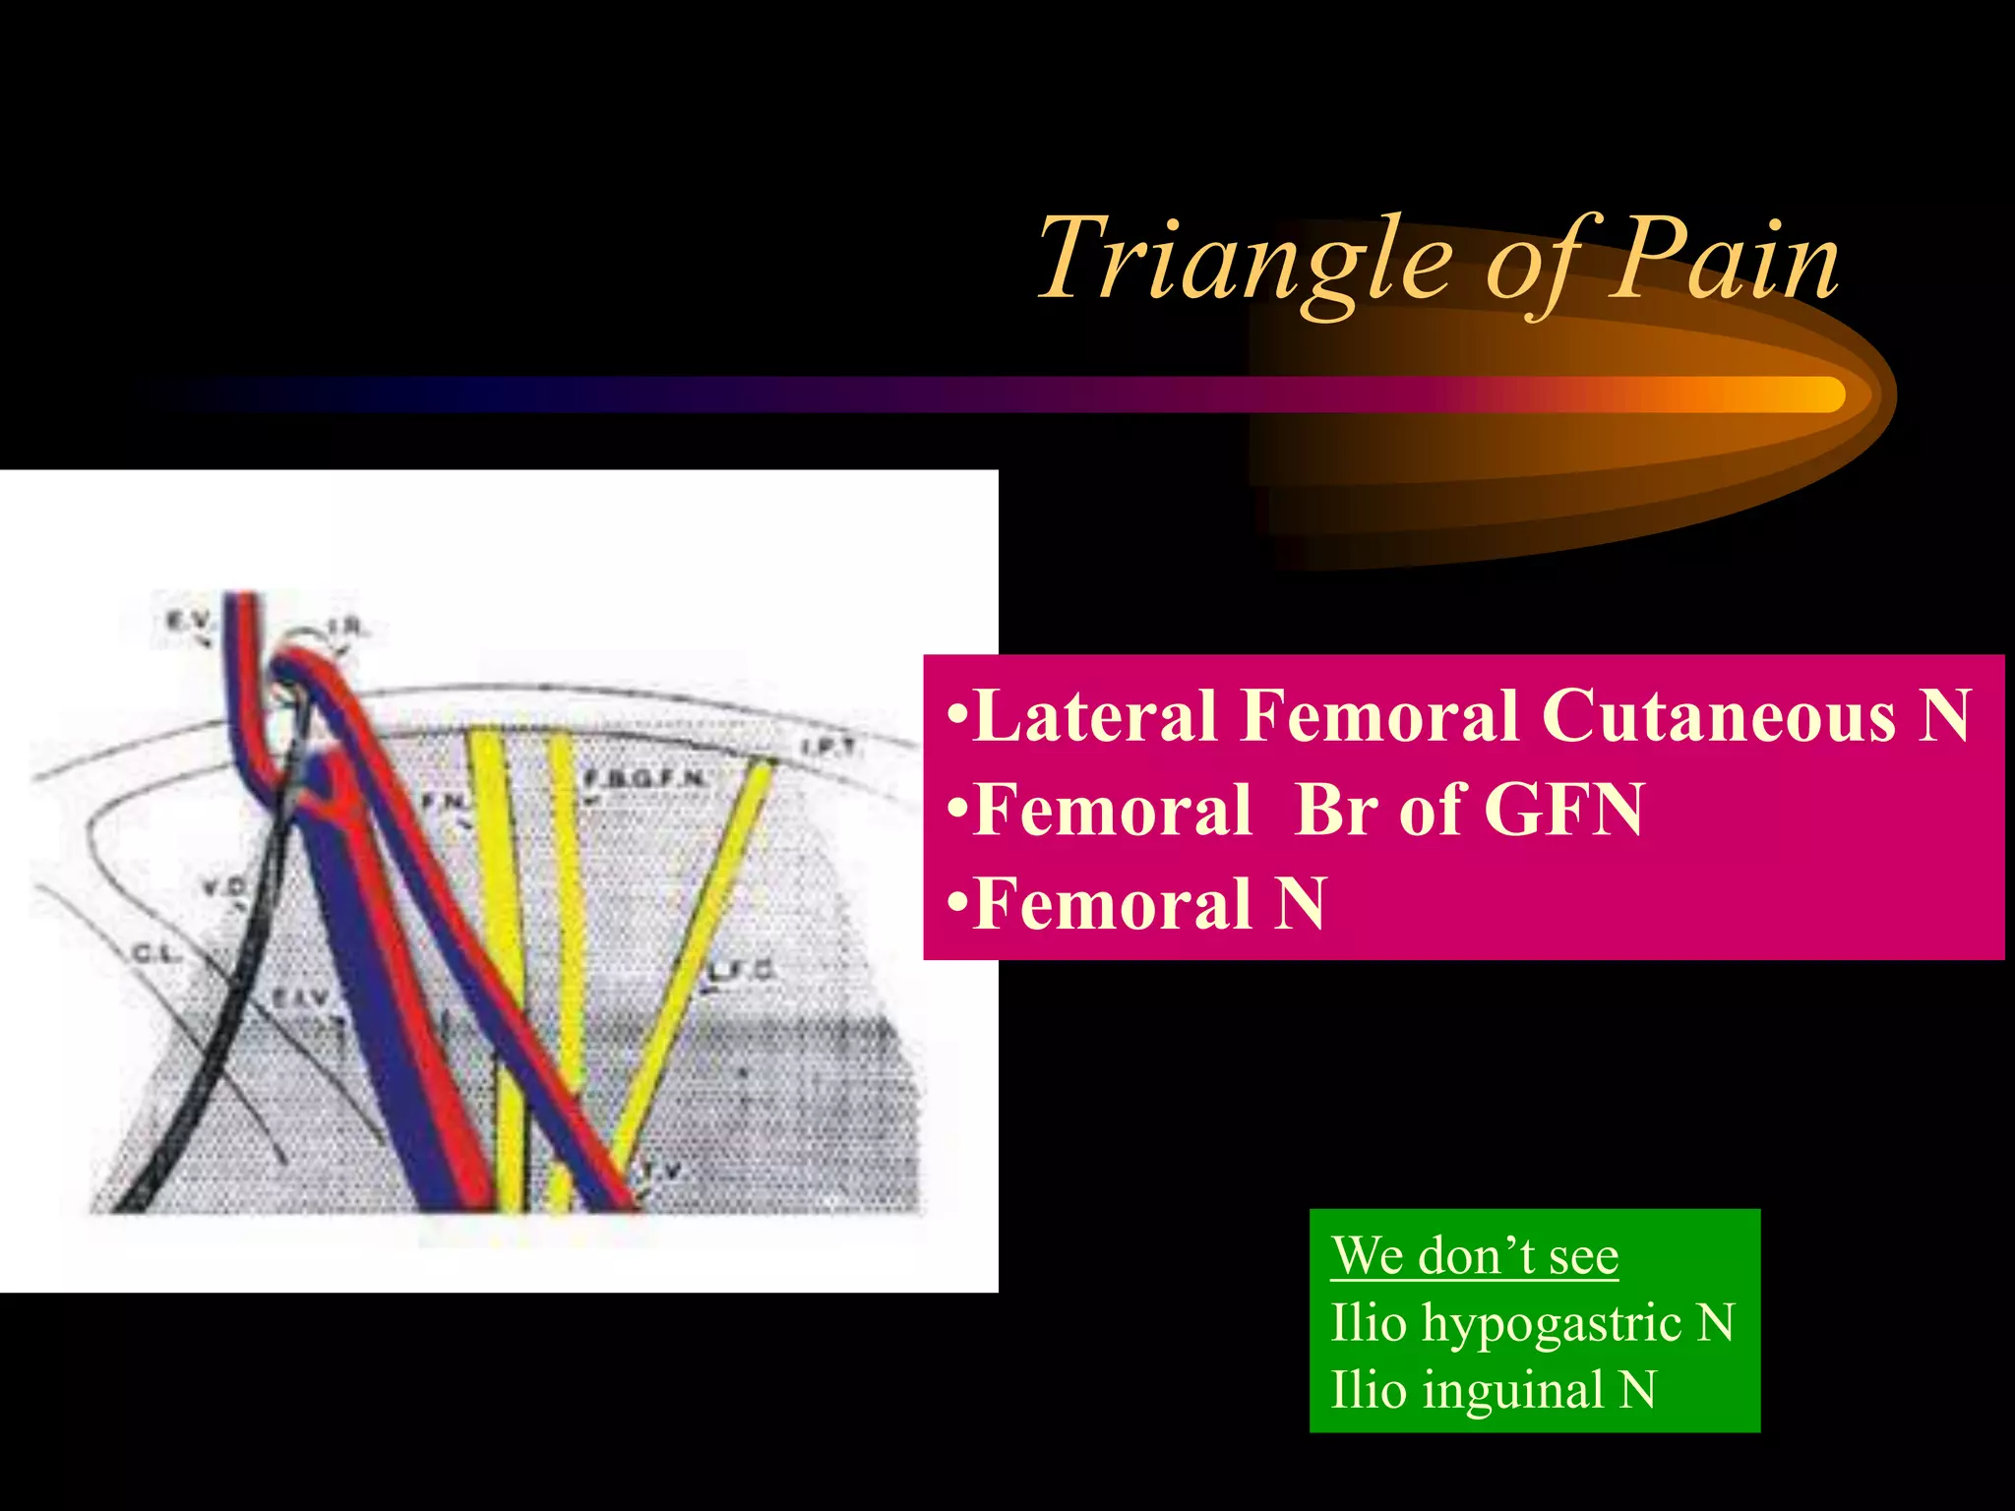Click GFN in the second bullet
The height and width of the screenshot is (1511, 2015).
pos(1563,810)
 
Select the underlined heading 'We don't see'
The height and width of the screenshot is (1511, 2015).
pos(1474,1256)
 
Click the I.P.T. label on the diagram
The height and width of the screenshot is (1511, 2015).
pos(827,748)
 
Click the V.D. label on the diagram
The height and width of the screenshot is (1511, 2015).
pos(224,887)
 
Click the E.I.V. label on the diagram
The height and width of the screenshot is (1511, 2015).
pos(301,999)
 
